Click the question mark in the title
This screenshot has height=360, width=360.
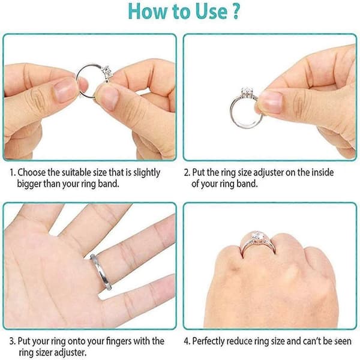tap(236, 11)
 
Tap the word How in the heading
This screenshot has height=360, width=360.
tap(148, 11)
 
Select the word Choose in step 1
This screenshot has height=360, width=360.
tap(31, 172)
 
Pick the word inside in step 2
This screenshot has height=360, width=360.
tap(322, 172)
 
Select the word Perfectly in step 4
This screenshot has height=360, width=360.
tap(208, 341)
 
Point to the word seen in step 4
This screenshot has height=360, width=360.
tap(342, 341)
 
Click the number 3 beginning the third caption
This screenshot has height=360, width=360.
tap(12, 341)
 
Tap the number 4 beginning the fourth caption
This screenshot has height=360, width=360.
tap(186, 341)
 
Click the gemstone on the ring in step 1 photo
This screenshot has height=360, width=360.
tap(107, 71)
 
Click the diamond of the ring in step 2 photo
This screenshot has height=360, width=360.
tap(247, 92)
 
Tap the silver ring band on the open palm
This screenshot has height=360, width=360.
tap(101, 272)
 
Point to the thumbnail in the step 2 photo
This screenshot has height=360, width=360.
tap(271, 102)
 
